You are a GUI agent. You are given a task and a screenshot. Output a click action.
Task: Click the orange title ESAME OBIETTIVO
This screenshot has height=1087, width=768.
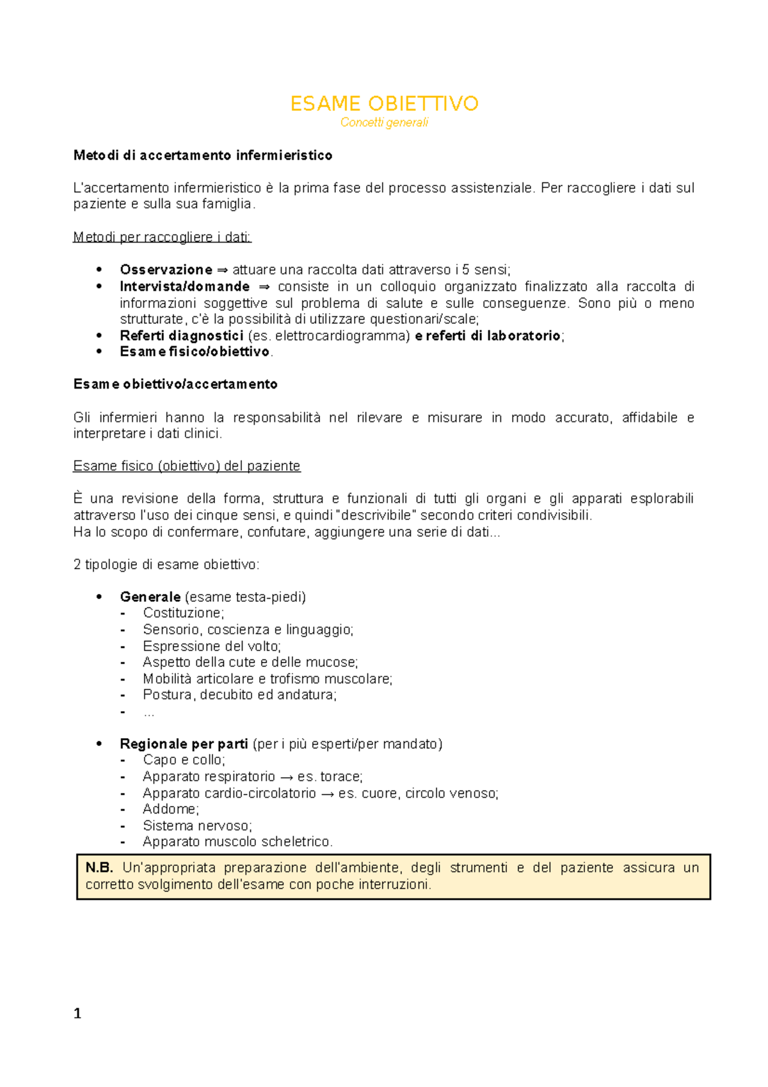click(384, 104)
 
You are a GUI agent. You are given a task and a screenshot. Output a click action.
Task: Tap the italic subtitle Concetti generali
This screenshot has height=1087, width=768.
click(384, 123)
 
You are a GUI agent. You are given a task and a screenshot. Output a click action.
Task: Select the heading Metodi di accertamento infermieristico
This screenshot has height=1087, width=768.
click(202, 156)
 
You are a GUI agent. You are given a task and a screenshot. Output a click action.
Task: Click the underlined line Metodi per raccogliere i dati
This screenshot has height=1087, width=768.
click(162, 238)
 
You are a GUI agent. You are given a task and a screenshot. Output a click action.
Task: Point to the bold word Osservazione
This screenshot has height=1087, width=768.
click(166, 270)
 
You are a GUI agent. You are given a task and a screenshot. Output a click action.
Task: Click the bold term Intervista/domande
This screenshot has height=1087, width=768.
click(184, 287)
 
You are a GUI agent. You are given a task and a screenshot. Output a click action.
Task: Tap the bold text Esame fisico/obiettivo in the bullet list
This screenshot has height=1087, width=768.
click(195, 352)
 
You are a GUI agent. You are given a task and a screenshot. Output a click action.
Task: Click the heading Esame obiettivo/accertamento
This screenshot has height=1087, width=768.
click(175, 385)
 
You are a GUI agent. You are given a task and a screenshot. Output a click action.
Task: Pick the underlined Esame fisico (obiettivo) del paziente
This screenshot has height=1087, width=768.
click(187, 467)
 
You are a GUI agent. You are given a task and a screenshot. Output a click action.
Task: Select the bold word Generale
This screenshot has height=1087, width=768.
click(150, 597)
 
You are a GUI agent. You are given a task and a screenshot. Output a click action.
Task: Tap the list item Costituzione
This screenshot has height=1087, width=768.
click(183, 613)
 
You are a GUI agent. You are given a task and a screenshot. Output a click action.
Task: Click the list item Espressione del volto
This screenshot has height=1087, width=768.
click(212, 647)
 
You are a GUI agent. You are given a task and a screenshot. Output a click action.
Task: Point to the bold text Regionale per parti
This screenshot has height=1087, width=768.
click(184, 745)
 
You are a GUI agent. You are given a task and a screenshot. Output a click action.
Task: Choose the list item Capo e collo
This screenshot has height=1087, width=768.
click(184, 761)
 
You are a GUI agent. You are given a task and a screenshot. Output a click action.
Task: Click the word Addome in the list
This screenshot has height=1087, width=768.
click(170, 810)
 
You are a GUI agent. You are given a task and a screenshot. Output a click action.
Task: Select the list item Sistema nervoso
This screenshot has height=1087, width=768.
click(197, 826)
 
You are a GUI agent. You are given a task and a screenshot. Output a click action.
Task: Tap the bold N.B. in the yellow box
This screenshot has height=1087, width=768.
click(99, 868)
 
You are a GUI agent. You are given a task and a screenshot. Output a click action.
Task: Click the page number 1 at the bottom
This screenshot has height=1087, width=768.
click(77, 1014)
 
